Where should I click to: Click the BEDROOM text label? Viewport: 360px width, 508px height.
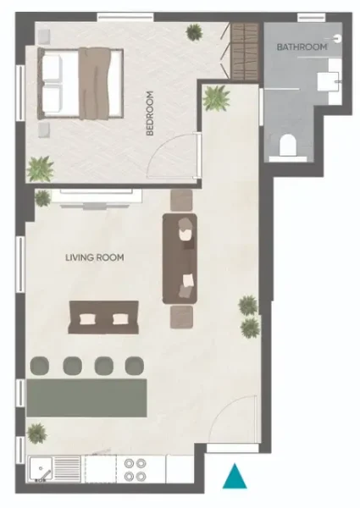pos(151,113)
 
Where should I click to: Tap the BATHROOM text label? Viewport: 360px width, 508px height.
pos(302,47)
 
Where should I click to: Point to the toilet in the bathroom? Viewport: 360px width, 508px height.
pos(288,146)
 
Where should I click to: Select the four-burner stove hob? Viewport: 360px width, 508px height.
pos(134,470)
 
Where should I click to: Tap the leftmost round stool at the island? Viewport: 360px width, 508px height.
pos(39,365)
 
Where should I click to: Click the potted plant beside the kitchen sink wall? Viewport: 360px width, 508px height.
pos(36,433)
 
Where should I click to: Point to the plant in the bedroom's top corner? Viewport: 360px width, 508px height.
pos(195,32)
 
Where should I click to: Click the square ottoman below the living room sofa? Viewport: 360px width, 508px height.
pos(182,317)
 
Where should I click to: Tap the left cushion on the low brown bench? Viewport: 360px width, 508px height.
pos(88,319)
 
